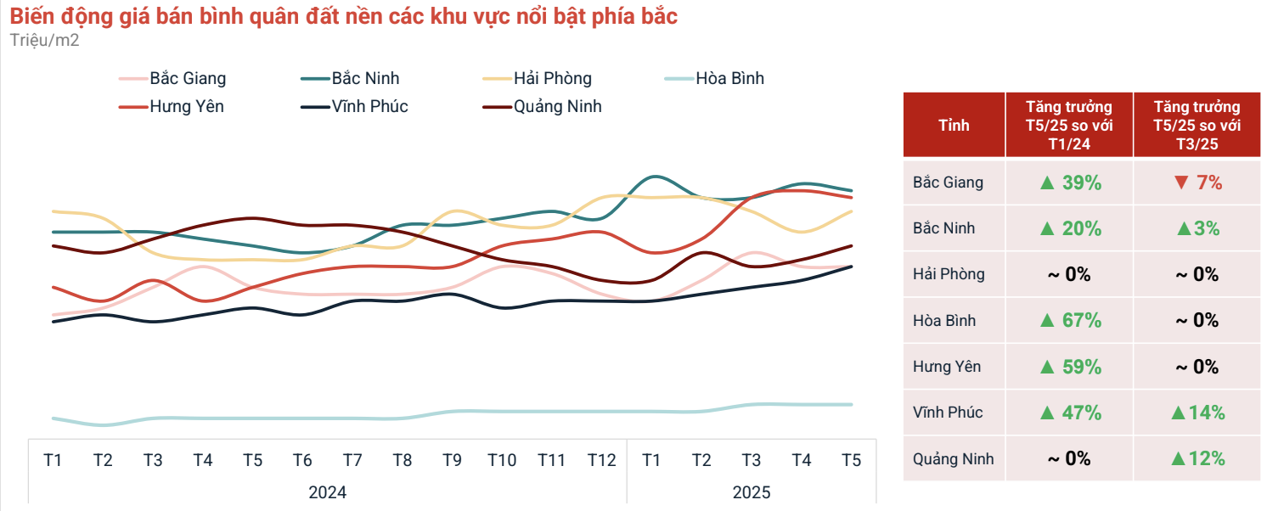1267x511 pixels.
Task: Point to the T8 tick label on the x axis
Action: (403, 460)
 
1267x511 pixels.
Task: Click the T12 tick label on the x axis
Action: (601, 460)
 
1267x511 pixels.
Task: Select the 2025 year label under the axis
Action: (752, 492)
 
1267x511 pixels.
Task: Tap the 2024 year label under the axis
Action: (327, 492)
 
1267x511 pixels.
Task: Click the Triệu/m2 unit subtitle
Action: (45, 41)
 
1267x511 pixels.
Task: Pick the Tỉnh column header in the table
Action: (954, 126)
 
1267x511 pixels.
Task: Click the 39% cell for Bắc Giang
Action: (1070, 182)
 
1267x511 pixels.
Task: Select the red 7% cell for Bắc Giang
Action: (1197, 182)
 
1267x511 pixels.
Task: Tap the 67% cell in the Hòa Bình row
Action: (1070, 321)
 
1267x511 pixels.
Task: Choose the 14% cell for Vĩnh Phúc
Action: (1197, 413)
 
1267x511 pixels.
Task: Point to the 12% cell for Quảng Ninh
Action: (1197, 459)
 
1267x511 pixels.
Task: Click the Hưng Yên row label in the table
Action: (947, 367)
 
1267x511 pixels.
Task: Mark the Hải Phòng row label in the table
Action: (949, 274)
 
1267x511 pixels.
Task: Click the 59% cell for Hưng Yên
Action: (1070, 367)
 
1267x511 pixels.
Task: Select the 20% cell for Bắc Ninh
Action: (1070, 228)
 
